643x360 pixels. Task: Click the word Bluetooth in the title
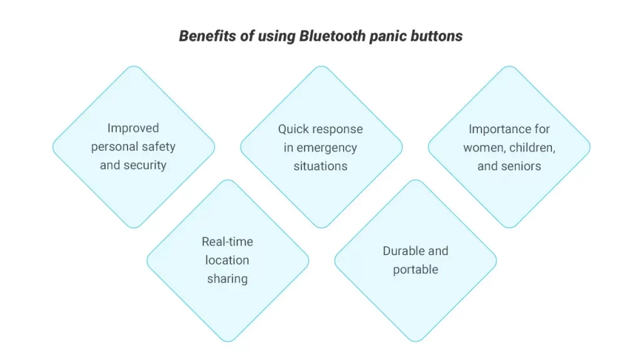pyautogui.click(x=332, y=36)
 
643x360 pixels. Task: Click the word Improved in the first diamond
pyautogui.click(x=133, y=128)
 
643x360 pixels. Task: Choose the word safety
pyautogui.click(x=159, y=147)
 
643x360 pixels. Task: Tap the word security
pyautogui.click(x=145, y=165)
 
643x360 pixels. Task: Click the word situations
pyautogui.click(x=320, y=166)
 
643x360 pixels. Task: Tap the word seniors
pyautogui.click(x=521, y=166)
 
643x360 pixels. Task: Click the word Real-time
pyautogui.click(x=227, y=242)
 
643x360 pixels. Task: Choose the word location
pyautogui.click(x=227, y=260)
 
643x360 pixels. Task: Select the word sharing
pyautogui.click(x=227, y=279)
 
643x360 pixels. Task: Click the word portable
pyautogui.click(x=416, y=270)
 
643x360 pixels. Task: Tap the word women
pyautogui.click(x=482, y=148)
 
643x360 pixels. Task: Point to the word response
pyautogui.click(x=337, y=129)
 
